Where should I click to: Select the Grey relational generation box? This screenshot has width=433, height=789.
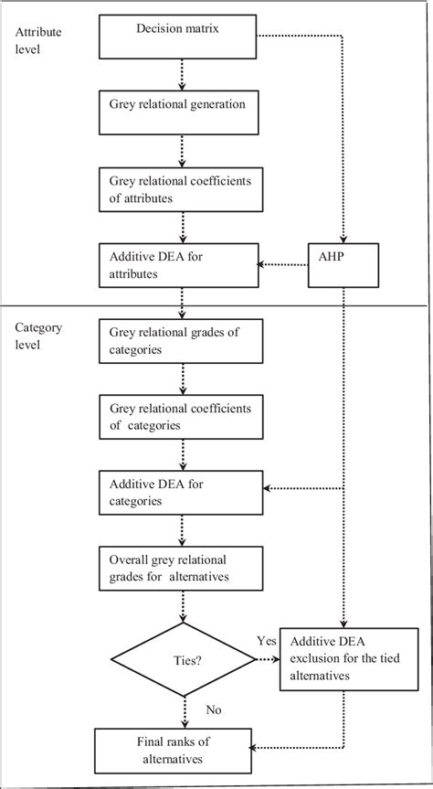click(183, 111)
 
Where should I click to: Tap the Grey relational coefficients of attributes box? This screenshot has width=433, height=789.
click(183, 189)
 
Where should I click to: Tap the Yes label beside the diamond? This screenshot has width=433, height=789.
click(268, 642)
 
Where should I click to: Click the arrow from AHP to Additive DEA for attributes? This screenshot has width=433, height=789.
click(284, 266)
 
